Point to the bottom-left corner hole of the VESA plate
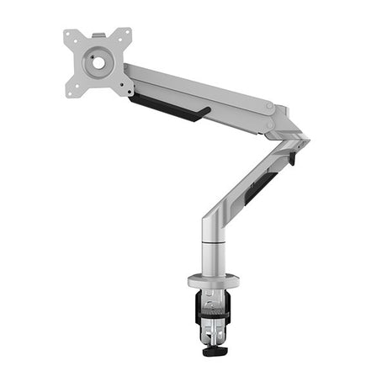click(73, 87)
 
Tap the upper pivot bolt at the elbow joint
click(268, 107)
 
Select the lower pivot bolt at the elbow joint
click(270, 125)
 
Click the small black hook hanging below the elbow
click(292, 157)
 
